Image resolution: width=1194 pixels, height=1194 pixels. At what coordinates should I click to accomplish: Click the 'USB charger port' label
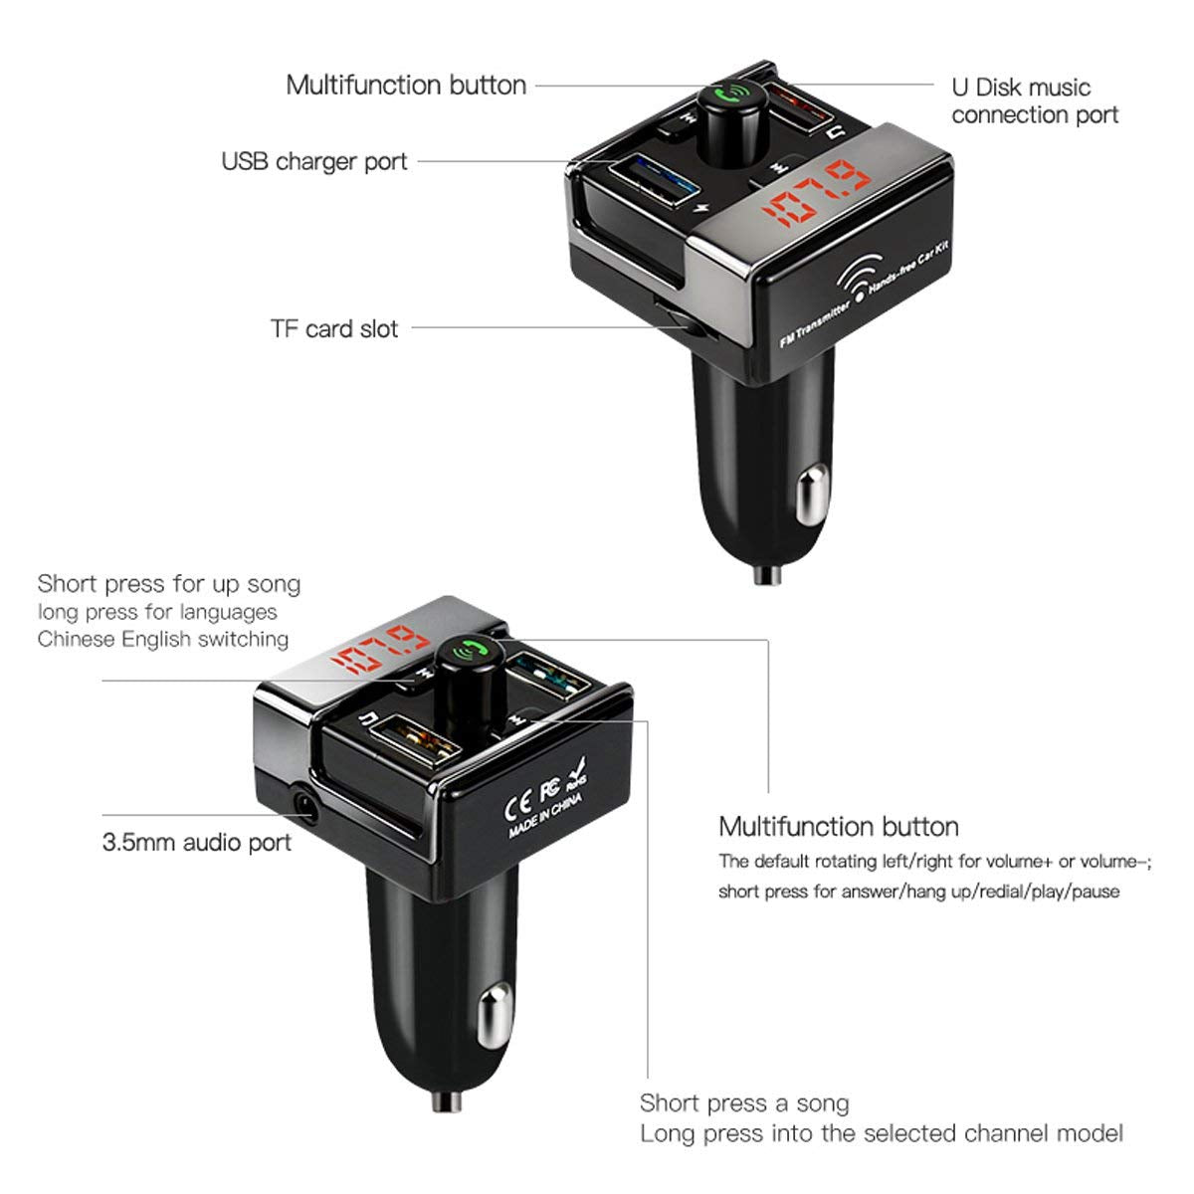click(x=314, y=162)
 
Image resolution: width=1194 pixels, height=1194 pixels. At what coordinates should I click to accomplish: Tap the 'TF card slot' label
click(x=334, y=328)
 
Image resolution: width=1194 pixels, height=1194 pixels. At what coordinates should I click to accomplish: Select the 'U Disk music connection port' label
click(x=1035, y=101)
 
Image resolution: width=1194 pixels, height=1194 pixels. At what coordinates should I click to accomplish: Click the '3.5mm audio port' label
click(x=196, y=843)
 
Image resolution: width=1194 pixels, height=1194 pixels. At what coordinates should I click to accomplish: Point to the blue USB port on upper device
click(x=654, y=180)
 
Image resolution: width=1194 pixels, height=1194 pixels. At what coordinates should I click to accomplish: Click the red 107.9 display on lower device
click(x=380, y=653)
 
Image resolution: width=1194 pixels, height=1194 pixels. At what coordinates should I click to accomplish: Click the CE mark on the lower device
click(x=518, y=805)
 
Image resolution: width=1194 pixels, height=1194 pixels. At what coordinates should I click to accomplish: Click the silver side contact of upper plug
click(x=812, y=496)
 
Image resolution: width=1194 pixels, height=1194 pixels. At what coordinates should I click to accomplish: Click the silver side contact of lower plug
click(x=495, y=1018)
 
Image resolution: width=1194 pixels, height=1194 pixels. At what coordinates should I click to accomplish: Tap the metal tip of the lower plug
click(x=446, y=1101)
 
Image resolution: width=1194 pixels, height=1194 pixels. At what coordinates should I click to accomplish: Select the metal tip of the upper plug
click(x=767, y=574)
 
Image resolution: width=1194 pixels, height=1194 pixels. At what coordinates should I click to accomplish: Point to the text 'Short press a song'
click(x=744, y=1102)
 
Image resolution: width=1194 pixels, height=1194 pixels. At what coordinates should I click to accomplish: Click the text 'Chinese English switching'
click(x=163, y=639)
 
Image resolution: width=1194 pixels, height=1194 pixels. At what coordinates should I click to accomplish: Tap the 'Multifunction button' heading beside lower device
click(x=839, y=827)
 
